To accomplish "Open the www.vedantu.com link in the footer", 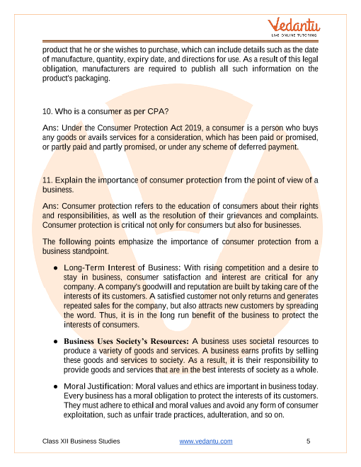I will (x=206, y=442).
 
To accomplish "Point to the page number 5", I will (x=309, y=442).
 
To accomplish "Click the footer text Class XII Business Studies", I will (x=81, y=442).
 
